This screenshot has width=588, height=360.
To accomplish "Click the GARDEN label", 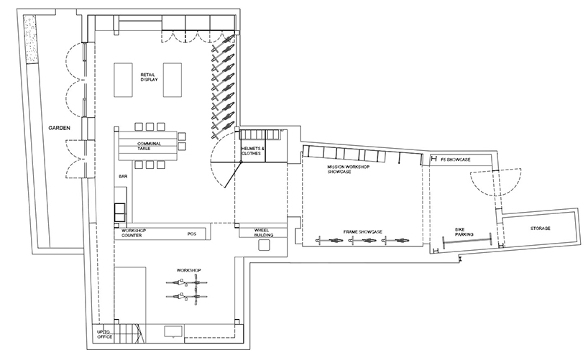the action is pos(59,128).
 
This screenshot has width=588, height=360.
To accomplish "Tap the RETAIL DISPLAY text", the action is pos(149,78).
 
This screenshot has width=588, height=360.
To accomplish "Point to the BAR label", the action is pos(123,176).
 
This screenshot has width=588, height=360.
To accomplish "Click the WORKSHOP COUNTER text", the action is pos(133,233).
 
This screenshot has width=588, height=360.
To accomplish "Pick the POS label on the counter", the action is pos(192,234).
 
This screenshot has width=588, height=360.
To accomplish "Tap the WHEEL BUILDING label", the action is pos(264,233).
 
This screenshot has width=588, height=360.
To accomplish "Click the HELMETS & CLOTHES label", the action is pos(253,151).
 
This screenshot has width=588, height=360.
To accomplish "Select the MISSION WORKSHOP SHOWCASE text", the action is pos(349,169).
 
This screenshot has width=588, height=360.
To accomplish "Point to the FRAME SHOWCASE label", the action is pos(362,232).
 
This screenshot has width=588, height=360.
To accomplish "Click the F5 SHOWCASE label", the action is pos(455,160).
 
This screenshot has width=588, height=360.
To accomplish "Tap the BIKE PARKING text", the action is pos(464,232).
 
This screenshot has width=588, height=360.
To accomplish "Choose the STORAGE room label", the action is pos(541,229).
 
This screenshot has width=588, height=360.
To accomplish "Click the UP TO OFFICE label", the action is pos(105,335).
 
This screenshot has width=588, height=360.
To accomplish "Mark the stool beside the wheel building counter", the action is pos(264,245).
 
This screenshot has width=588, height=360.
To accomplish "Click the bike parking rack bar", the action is pos(467,240).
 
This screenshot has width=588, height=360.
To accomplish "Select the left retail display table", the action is pos(123,80).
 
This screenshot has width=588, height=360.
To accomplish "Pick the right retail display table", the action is pos(173,80).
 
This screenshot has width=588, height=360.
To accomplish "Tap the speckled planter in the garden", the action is pos(30,40).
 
